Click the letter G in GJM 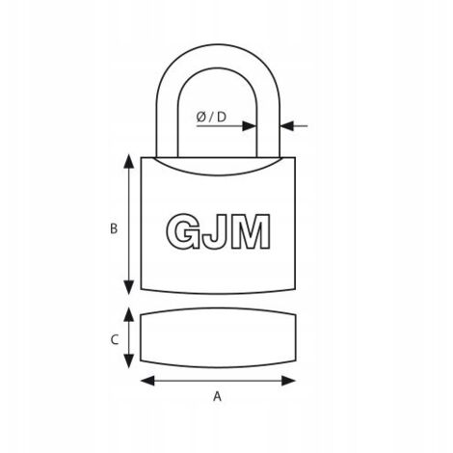(x=182, y=231)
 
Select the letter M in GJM (x=251, y=231)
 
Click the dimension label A (x=218, y=397)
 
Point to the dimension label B (x=114, y=228)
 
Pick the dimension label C (x=115, y=339)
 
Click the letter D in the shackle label (x=222, y=117)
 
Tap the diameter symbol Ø (x=201, y=117)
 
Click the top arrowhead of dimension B (x=129, y=161)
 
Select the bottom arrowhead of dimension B (x=129, y=287)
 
